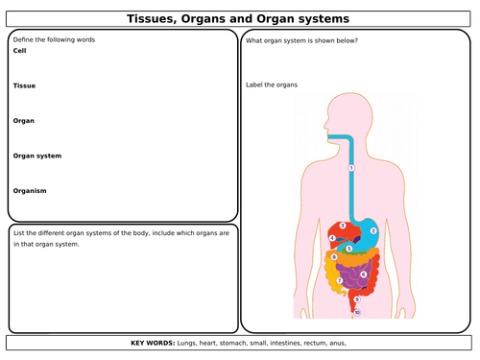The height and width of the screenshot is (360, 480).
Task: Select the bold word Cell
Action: click(19, 50)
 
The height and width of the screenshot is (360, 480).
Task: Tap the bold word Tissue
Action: click(24, 85)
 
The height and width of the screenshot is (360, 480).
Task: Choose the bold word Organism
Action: click(30, 190)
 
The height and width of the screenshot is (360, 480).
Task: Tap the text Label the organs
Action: click(272, 84)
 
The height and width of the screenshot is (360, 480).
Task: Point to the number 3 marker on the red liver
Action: click(343, 226)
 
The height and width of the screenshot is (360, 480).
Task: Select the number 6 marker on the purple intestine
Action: click(363, 275)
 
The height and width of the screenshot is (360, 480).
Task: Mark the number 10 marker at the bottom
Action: click(357, 312)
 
